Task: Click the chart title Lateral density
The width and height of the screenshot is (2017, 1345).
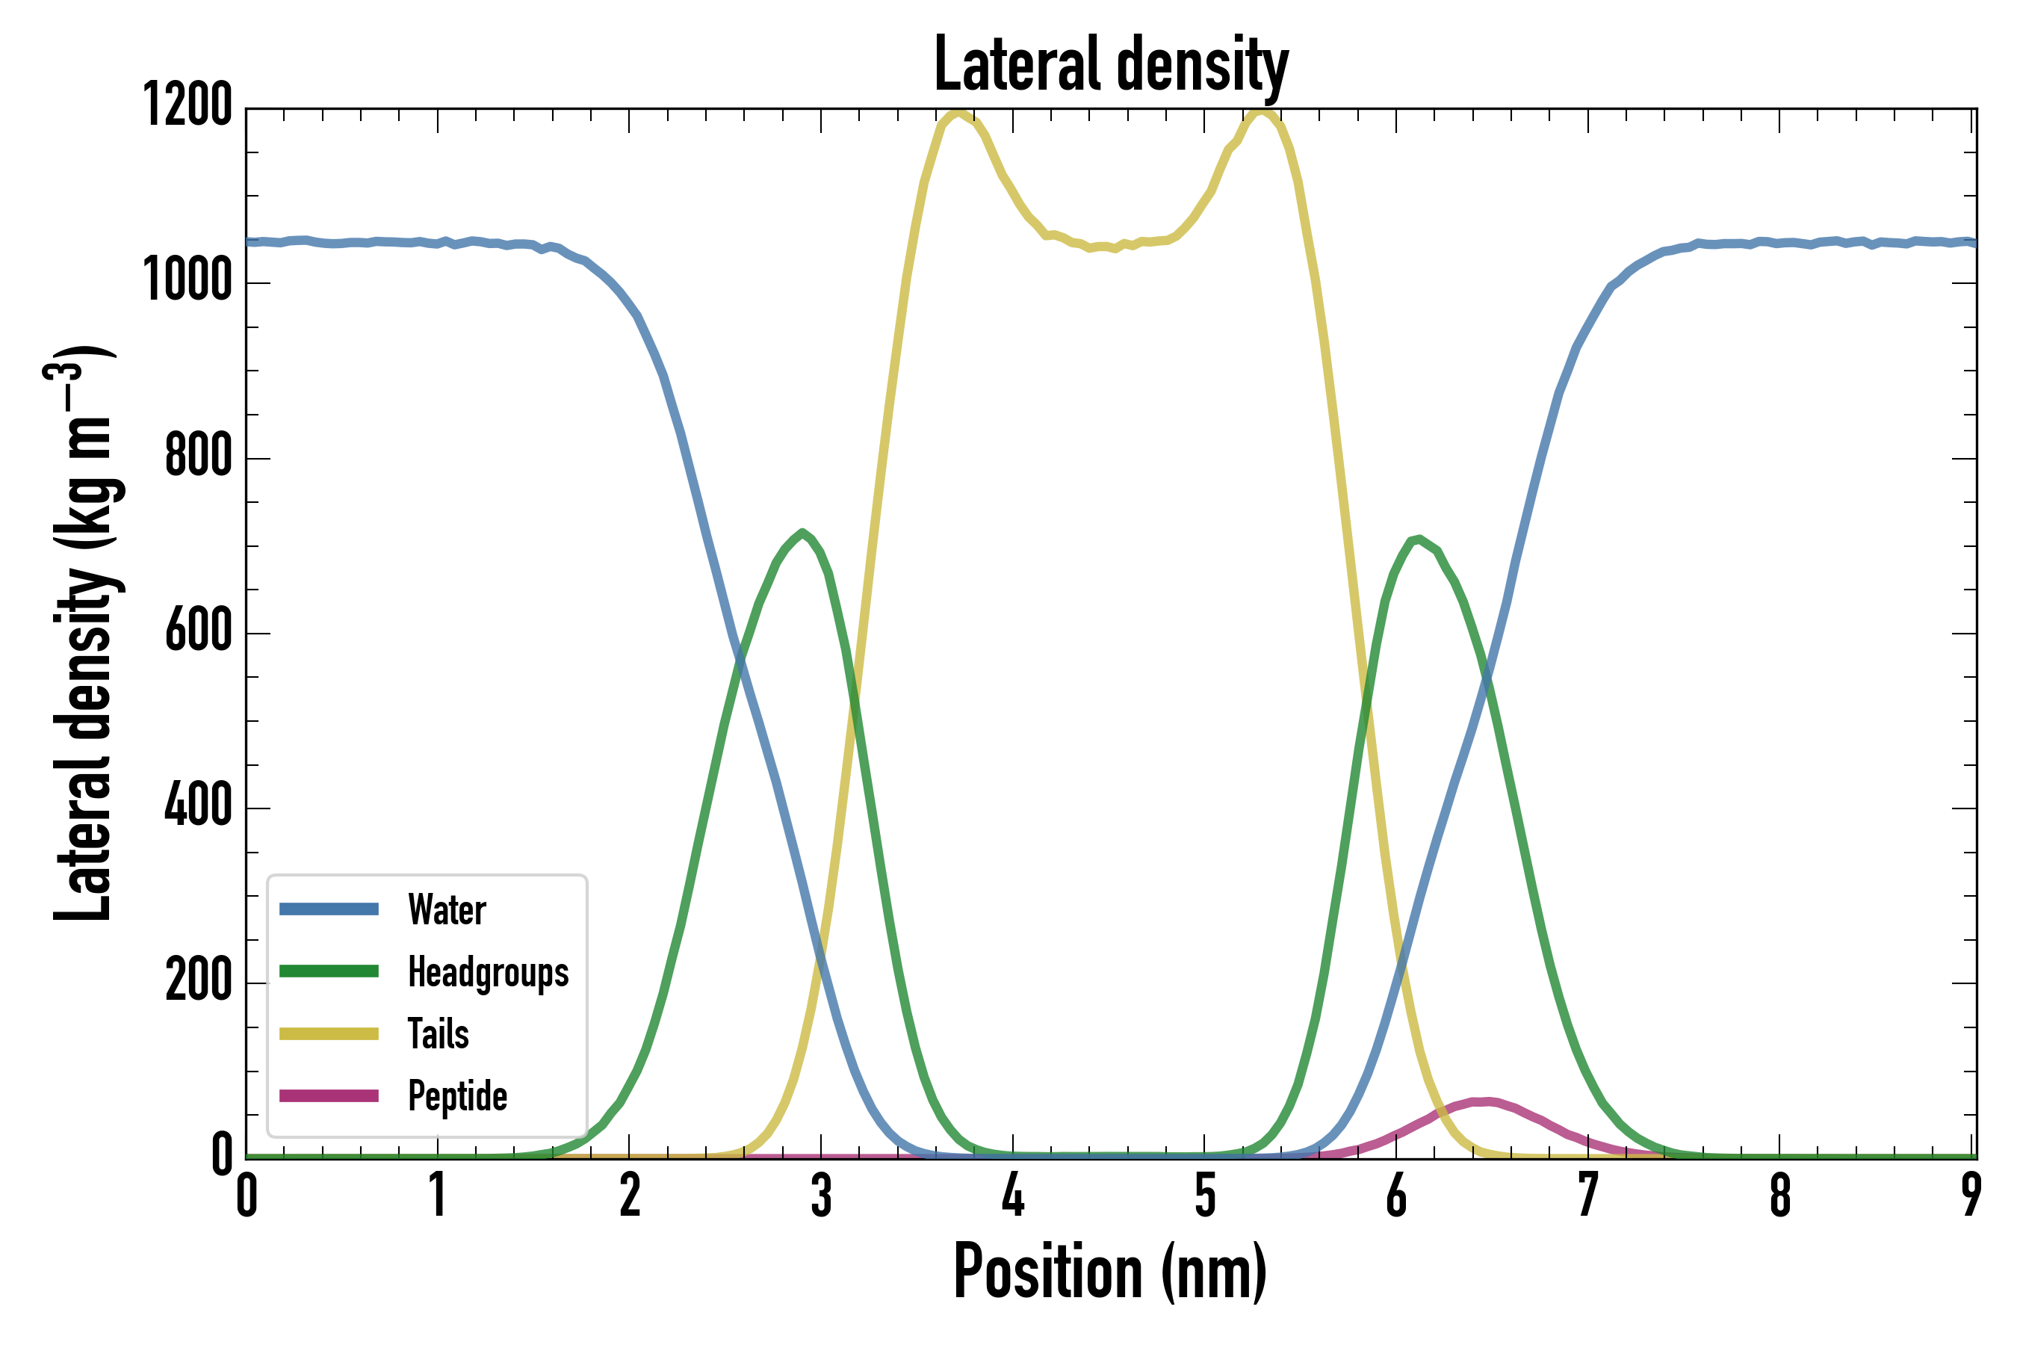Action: coord(1111,65)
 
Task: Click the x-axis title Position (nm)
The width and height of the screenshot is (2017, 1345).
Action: coord(1111,1271)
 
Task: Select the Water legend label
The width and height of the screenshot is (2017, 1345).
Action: coord(447,910)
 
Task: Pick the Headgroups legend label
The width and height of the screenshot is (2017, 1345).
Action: coord(488,972)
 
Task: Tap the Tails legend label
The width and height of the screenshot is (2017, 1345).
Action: coord(439,1033)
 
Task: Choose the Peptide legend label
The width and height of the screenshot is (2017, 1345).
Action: coord(457,1095)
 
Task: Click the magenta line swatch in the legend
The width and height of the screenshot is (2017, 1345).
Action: coord(329,1095)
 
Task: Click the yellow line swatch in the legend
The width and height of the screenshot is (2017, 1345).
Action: coord(329,1033)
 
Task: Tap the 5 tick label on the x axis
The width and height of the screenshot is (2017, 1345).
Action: coord(1205,1195)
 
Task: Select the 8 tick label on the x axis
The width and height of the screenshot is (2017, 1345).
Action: coord(1780,1195)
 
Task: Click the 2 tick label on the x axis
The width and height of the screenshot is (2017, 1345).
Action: coord(630,1195)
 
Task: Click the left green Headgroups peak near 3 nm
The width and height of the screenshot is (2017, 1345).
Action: coord(802,533)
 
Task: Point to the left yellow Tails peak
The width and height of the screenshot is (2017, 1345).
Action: coord(956,112)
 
